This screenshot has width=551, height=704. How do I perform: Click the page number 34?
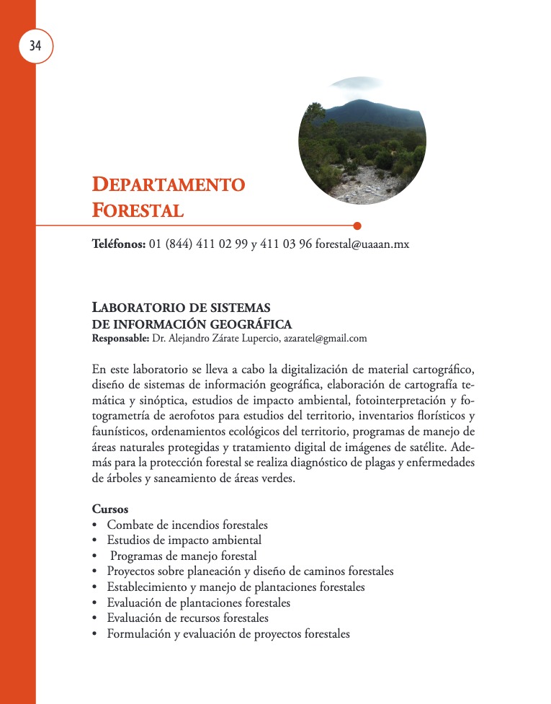(x=35, y=46)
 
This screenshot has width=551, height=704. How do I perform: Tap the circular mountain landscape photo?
(x=362, y=141)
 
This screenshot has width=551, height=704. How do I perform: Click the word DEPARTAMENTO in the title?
(x=169, y=184)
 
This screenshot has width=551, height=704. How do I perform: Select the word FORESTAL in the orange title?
(x=138, y=210)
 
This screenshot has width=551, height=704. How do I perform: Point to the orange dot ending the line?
(x=357, y=226)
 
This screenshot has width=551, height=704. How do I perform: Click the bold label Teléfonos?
(x=119, y=244)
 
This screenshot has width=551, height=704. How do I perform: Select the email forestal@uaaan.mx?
(x=362, y=244)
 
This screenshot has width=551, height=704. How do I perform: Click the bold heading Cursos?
(x=110, y=509)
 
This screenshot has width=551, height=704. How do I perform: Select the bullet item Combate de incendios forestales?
(x=187, y=525)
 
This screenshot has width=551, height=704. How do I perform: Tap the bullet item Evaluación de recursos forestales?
(x=187, y=618)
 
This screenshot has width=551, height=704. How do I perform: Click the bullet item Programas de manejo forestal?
(x=184, y=556)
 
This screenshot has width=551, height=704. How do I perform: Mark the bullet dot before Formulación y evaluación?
(x=95, y=634)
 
